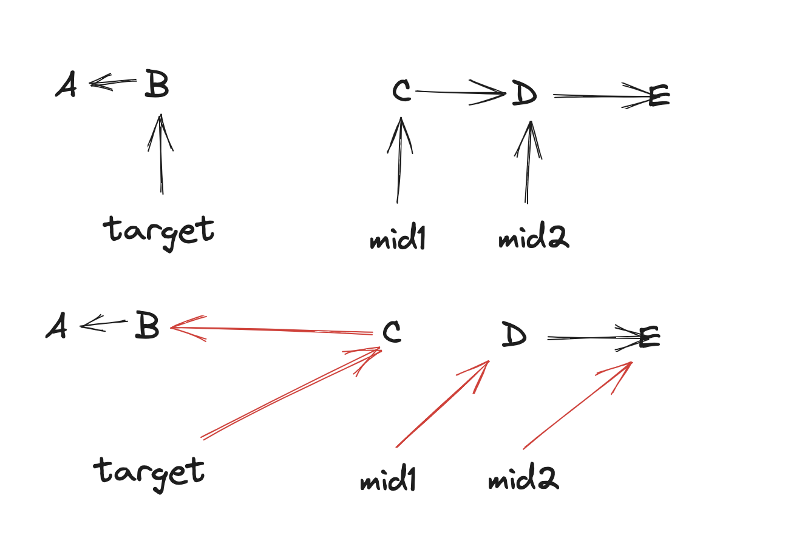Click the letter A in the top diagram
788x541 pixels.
coord(66,86)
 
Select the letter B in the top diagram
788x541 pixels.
coord(157,84)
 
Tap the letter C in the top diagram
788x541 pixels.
coord(402,91)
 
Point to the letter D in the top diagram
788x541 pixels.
coord(525,93)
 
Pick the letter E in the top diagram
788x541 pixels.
coord(659,96)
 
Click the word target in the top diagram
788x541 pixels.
coord(159,231)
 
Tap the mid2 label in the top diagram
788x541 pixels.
coord(534,239)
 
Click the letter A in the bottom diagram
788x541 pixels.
coord(56,328)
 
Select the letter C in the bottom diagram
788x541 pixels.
coord(392,332)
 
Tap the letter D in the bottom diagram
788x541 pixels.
coord(514,335)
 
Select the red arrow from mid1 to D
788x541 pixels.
coord(443,404)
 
